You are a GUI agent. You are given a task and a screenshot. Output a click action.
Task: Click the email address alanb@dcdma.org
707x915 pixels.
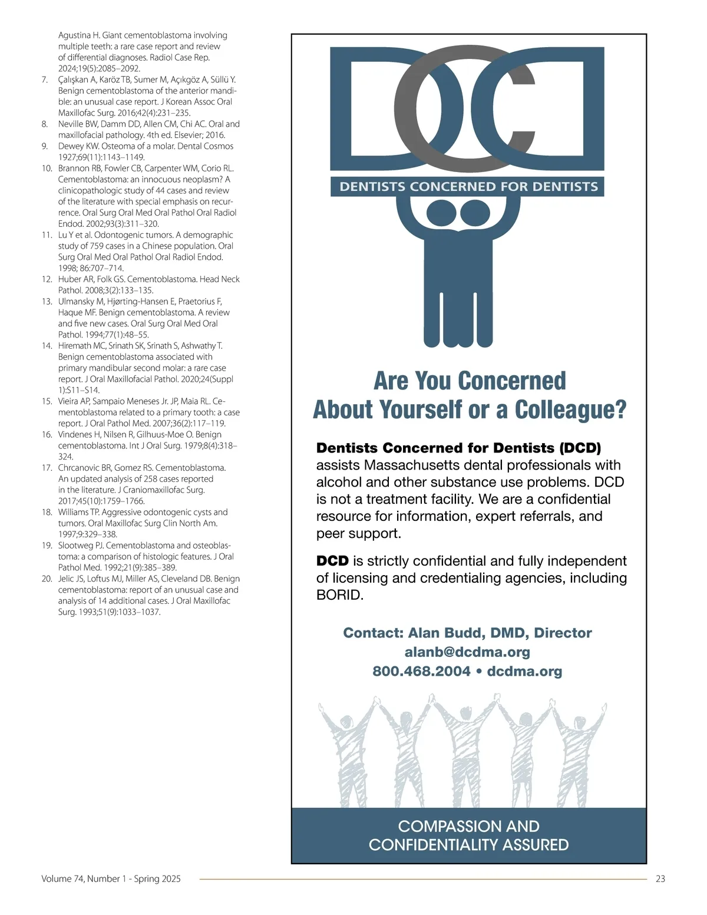pyautogui.click(x=467, y=652)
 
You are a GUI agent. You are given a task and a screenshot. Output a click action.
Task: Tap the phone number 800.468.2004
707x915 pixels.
pyautogui.click(x=421, y=672)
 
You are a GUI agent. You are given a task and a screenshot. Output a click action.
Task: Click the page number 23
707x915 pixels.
pyautogui.click(x=660, y=878)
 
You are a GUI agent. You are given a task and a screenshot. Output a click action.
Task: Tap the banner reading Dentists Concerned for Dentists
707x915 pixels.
pyautogui.click(x=468, y=187)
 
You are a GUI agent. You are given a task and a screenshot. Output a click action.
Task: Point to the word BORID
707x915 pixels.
pyautogui.click(x=339, y=595)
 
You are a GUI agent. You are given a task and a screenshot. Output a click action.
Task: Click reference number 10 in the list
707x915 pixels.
pyautogui.click(x=47, y=169)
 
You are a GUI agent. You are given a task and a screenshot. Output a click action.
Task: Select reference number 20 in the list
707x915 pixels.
pyautogui.click(x=47, y=579)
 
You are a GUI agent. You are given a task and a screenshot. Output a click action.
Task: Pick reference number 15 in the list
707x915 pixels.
pyautogui.click(x=47, y=401)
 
